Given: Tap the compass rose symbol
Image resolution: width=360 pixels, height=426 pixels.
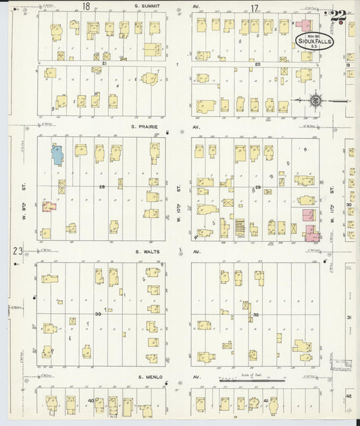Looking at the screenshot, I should [315, 101].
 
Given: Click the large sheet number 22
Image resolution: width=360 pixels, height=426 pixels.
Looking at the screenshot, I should [338, 16].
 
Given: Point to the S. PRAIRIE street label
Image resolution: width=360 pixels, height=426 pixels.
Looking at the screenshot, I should [146, 126].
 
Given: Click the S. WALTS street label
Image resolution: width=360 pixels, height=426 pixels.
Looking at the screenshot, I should [146, 251].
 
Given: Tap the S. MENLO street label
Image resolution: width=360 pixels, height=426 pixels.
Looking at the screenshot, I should [150, 377].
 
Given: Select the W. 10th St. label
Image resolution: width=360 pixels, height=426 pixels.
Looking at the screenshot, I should [180, 194].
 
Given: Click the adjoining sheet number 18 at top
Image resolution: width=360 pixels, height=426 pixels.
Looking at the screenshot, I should [86, 7].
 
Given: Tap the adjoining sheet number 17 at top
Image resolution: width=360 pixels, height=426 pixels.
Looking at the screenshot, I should [254, 8].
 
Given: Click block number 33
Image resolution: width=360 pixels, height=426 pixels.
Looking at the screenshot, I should [98, 314].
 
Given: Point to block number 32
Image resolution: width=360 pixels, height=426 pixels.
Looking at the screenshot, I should [256, 315].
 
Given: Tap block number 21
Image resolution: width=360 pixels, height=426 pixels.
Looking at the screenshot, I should [104, 62].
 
